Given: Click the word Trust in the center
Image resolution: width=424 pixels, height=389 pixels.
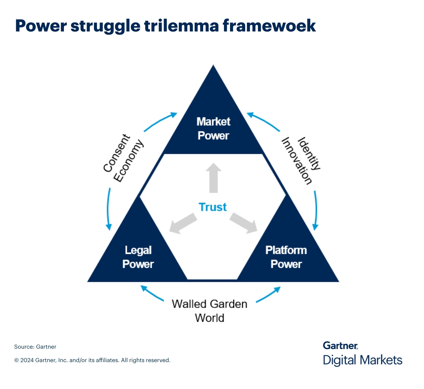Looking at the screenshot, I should [x=212, y=207].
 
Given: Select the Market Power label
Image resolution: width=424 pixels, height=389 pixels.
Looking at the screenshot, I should [x=213, y=129].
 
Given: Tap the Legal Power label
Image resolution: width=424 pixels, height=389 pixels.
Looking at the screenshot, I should [x=138, y=257].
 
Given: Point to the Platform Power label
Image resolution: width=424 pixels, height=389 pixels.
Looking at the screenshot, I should [x=286, y=257].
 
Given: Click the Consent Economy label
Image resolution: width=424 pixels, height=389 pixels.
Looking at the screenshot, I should [x=123, y=158].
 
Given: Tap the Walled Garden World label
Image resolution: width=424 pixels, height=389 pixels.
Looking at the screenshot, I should [x=210, y=311].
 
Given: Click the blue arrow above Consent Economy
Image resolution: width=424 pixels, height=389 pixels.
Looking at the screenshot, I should [x=160, y=121].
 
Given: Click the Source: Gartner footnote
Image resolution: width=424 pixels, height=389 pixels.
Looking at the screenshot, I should [x=35, y=347].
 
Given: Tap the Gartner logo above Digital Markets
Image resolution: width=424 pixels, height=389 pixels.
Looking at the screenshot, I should [x=340, y=345].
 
